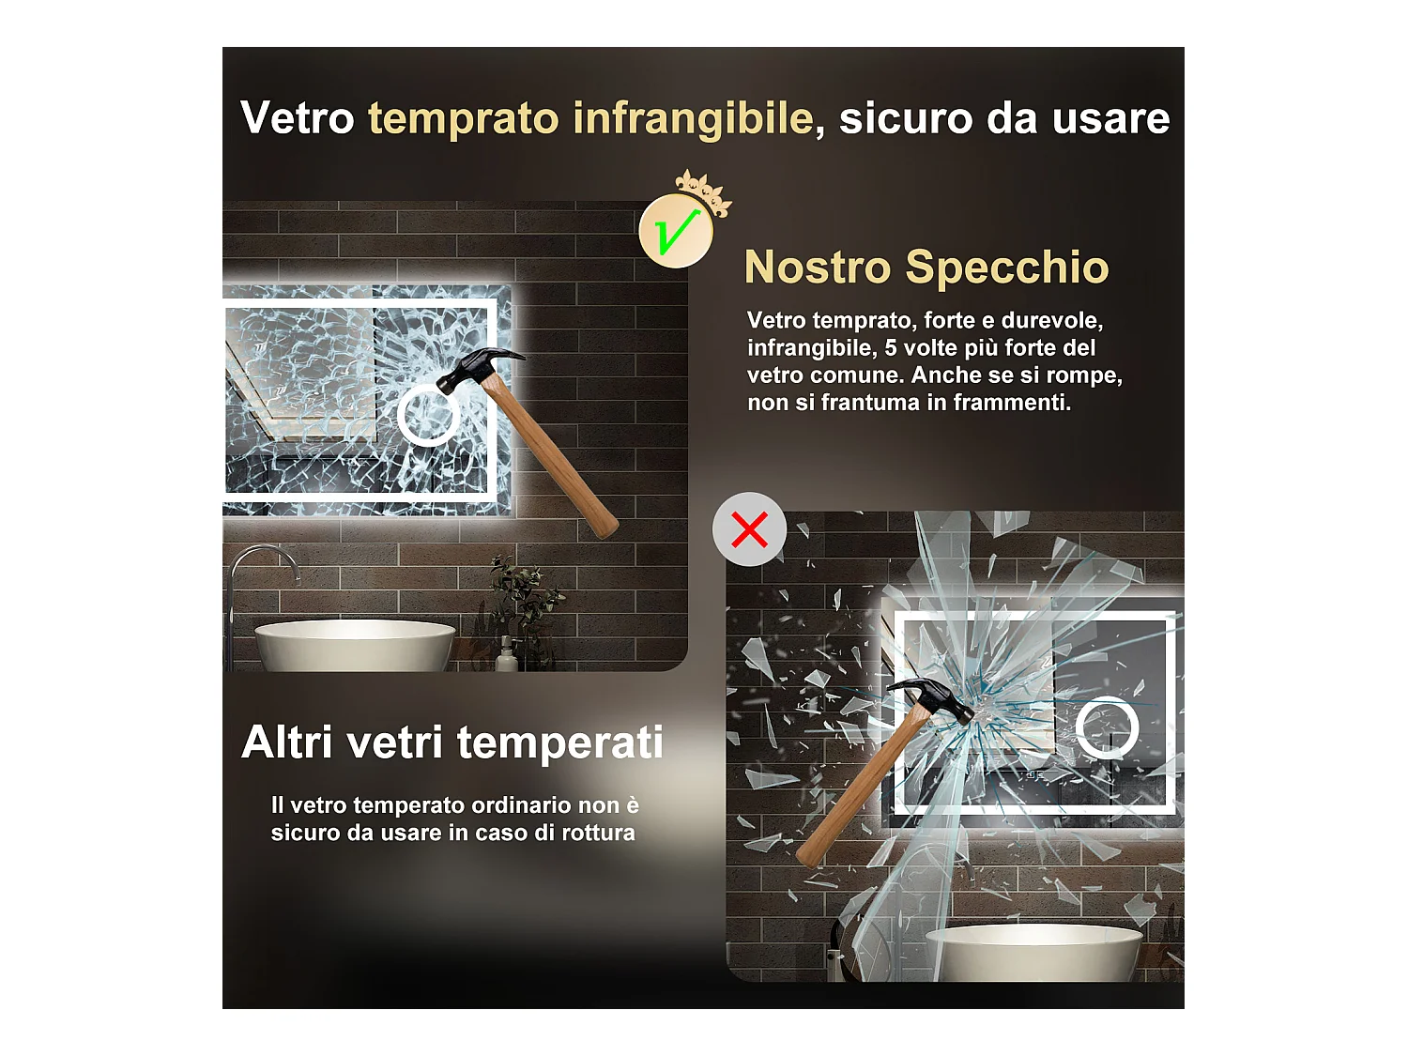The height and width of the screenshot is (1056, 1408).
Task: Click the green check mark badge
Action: (x=675, y=231)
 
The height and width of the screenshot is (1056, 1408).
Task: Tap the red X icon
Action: (x=749, y=529)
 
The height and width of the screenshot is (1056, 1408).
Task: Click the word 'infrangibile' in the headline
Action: (x=693, y=119)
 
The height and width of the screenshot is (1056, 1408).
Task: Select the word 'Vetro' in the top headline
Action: (x=297, y=119)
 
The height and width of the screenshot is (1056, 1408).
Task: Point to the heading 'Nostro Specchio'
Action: (x=926, y=268)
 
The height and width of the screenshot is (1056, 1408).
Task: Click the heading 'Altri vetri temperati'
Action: (x=452, y=742)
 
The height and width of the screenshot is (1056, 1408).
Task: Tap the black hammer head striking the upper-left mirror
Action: (x=474, y=368)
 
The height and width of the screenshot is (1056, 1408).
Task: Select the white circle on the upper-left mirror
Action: (x=428, y=415)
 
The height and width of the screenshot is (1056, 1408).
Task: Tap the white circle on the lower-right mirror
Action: (x=1107, y=727)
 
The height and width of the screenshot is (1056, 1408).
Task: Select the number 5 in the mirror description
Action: (x=891, y=348)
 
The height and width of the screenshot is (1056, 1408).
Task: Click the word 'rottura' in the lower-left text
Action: (x=598, y=833)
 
